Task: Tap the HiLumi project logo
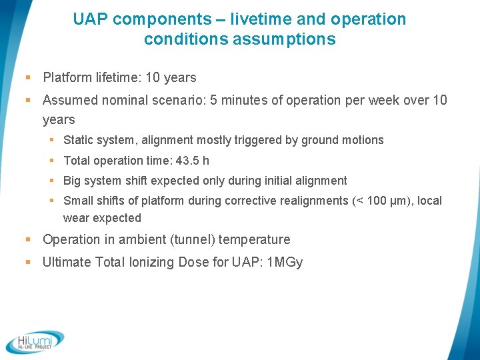pyautogui.click(x=35, y=341)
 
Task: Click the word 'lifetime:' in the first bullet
pyautogui.click(x=116, y=77)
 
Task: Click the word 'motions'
pyautogui.click(x=363, y=140)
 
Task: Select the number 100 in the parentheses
pyautogui.click(x=377, y=201)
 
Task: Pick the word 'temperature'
pyautogui.click(x=255, y=240)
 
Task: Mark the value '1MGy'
pyautogui.click(x=284, y=263)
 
